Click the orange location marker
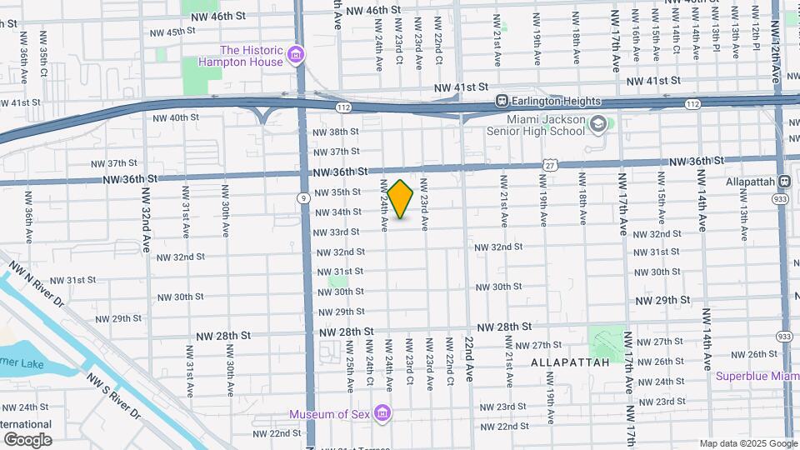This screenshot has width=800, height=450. click(x=401, y=199)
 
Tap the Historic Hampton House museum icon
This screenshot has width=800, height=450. click(x=294, y=56)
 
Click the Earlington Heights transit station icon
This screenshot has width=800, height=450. click(x=502, y=101)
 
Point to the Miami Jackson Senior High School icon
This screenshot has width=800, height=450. click(x=597, y=125)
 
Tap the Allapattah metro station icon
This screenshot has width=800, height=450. click(x=783, y=182)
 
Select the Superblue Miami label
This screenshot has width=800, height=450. click(x=757, y=376)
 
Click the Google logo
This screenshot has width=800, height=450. click(x=27, y=439)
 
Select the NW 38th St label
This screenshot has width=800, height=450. click(x=335, y=132)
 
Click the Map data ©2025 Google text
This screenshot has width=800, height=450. click(x=747, y=443)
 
